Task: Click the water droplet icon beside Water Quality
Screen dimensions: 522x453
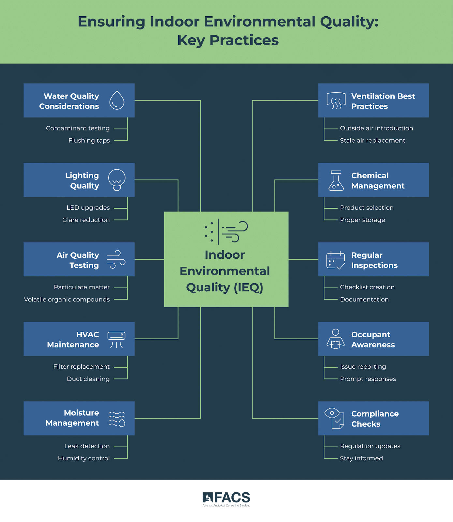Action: [117, 100]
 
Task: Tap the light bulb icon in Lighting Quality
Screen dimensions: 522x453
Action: [117, 179]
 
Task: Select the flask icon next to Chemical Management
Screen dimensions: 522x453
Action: [336, 180]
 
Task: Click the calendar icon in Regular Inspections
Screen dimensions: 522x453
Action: [335, 260]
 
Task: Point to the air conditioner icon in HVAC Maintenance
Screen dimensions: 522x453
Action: [116, 340]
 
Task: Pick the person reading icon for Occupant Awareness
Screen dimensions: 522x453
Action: [335, 339]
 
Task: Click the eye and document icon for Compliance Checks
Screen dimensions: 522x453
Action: [334, 418]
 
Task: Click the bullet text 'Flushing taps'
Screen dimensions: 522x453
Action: [89, 141]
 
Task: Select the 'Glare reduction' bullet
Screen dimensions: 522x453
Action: [86, 220]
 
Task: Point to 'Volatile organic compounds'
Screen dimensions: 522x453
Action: [67, 299]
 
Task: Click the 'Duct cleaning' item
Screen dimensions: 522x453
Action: [88, 379]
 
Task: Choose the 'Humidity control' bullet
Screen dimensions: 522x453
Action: [84, 458]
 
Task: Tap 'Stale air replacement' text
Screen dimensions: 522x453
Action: [373, 141]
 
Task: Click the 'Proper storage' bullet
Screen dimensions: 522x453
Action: [362, 220]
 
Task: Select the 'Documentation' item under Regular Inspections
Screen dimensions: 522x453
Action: [364, 299]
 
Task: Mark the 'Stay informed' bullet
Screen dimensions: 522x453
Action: [361, 458]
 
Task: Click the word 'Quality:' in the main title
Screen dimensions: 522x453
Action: [349, 22]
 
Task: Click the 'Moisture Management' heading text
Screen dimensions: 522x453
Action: [72, 418]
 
